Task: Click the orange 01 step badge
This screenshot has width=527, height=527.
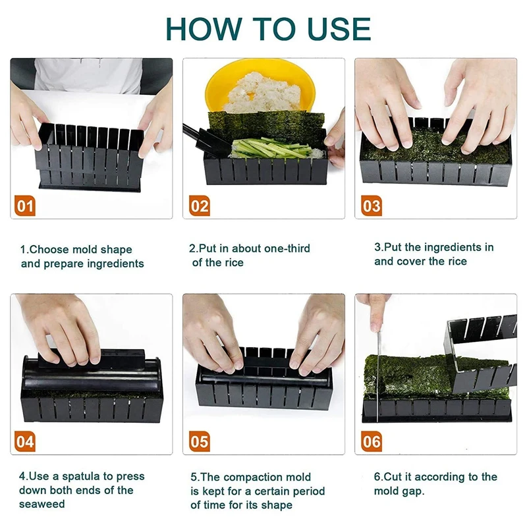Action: pyautogui.click(x=25, y=206)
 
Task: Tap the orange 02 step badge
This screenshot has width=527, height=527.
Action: pyautogui.click(x=200, y=206)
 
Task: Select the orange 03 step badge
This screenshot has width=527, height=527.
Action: pyautogui.click(x=372, y=206)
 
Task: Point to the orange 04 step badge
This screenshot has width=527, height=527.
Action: pyautogui.click(x=25, y=441)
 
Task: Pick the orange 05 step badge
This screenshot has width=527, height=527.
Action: pyautogui.click(x=200, y=441)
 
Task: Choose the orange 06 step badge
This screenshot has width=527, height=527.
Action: pyautogui.click(x=372, y=441)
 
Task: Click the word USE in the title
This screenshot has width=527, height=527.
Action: pyautogui.click(x=339, y=29)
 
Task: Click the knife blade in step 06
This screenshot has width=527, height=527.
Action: pyautogui.click(x=378, y=376)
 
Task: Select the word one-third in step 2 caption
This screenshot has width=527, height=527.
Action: pyautogui.click(x=287, y=248)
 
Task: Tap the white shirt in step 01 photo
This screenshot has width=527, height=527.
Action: pyautogui.click(x=88, y=76)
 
